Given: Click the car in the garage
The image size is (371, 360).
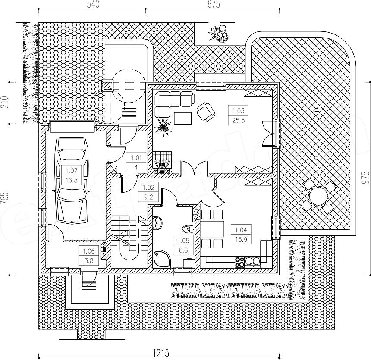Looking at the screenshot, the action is pos(72,180).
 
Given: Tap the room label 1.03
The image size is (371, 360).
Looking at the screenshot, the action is pos(238,110).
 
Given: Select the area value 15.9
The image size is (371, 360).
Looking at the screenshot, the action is pos(241,240).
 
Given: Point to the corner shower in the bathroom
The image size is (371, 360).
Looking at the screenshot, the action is pos(162,259).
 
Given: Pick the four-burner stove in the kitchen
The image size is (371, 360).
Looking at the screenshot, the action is pos(240,262).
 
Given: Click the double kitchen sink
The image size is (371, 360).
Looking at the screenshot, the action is pos(253,261).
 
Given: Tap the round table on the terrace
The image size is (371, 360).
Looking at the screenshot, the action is pos(318,196).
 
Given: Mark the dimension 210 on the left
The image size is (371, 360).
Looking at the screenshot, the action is pos(5,102).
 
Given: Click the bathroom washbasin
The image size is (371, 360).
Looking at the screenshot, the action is pos(157,223).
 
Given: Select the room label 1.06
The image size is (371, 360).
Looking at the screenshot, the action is pos(89,251).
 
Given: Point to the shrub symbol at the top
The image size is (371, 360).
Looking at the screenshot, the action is pos(218,34).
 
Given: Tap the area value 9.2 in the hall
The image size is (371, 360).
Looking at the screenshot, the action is pos(148,197).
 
